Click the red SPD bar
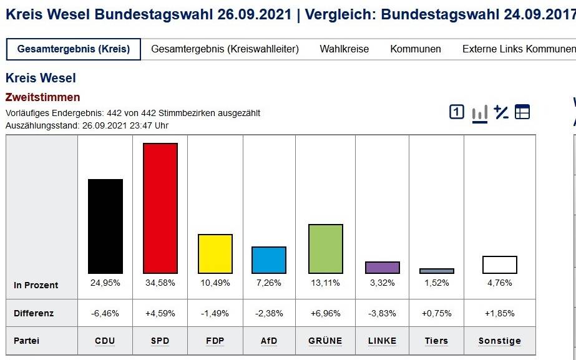point(160,208)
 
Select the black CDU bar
point(105,226)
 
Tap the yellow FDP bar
point(215,253)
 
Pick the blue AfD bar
point(269,260)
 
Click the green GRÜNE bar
point(326,248)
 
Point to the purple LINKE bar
point(383,267)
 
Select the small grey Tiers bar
point(437,271)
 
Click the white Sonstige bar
point(500,265)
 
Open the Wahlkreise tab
point(344,49)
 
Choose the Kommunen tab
point(416,49)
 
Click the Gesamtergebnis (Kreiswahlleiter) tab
point(225,49)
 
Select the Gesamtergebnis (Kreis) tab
point(74,49)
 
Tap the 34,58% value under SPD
point(160,283)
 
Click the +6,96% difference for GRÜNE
point(326,313)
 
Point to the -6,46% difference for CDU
point(105,313)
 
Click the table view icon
point(522,112)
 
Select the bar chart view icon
point(480,112)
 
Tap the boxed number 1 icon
point(457,112)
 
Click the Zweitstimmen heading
point(43,97)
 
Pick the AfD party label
point(269,341)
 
